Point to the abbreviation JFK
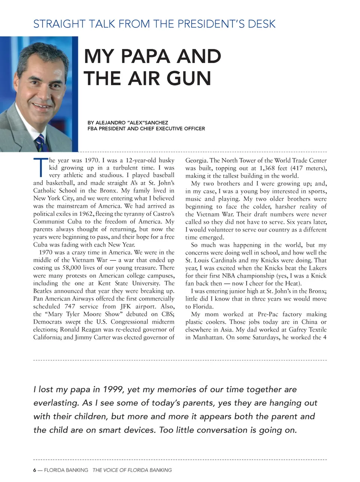point(126,306)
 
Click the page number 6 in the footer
point(35,470)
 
